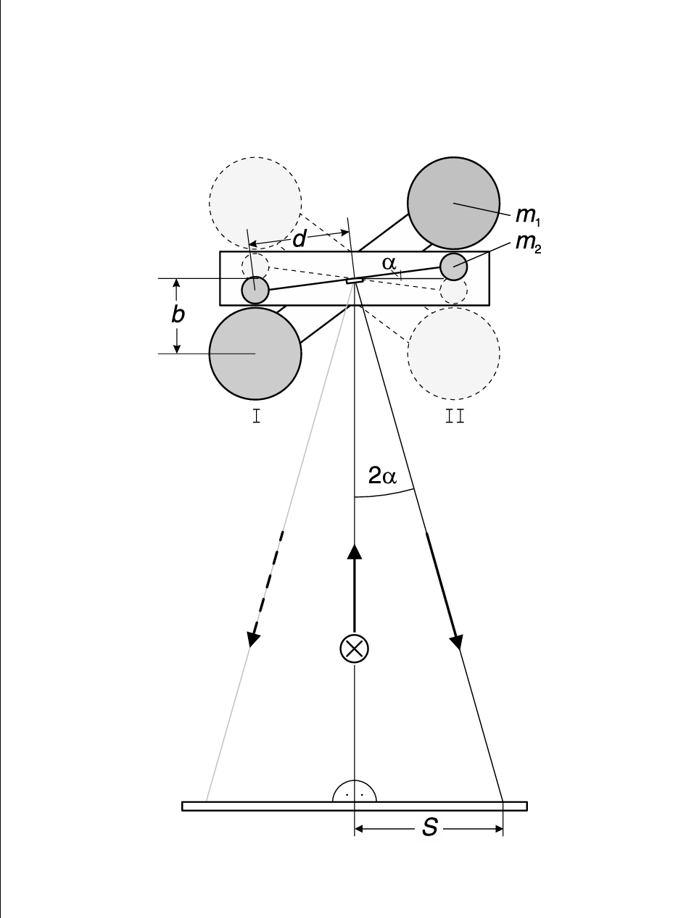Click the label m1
point(526,215)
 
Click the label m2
point(528,243)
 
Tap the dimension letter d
point(299,239)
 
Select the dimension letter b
point(177,315)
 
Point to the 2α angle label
point(383,476)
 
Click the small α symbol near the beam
point(389,264)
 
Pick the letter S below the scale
point(430,827)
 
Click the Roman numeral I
point(256,416)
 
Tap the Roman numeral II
point(454,416)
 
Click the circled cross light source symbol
point(355,648)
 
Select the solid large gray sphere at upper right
point(453,204)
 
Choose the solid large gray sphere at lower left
point(255,354)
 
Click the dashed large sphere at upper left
point(255,201)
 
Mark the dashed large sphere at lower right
point(453,354)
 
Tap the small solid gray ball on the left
point(255,290)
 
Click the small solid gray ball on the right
point(453,267)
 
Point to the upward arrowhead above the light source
point(355,551)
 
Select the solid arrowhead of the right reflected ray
point(457,640)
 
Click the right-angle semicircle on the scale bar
point(355,792)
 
